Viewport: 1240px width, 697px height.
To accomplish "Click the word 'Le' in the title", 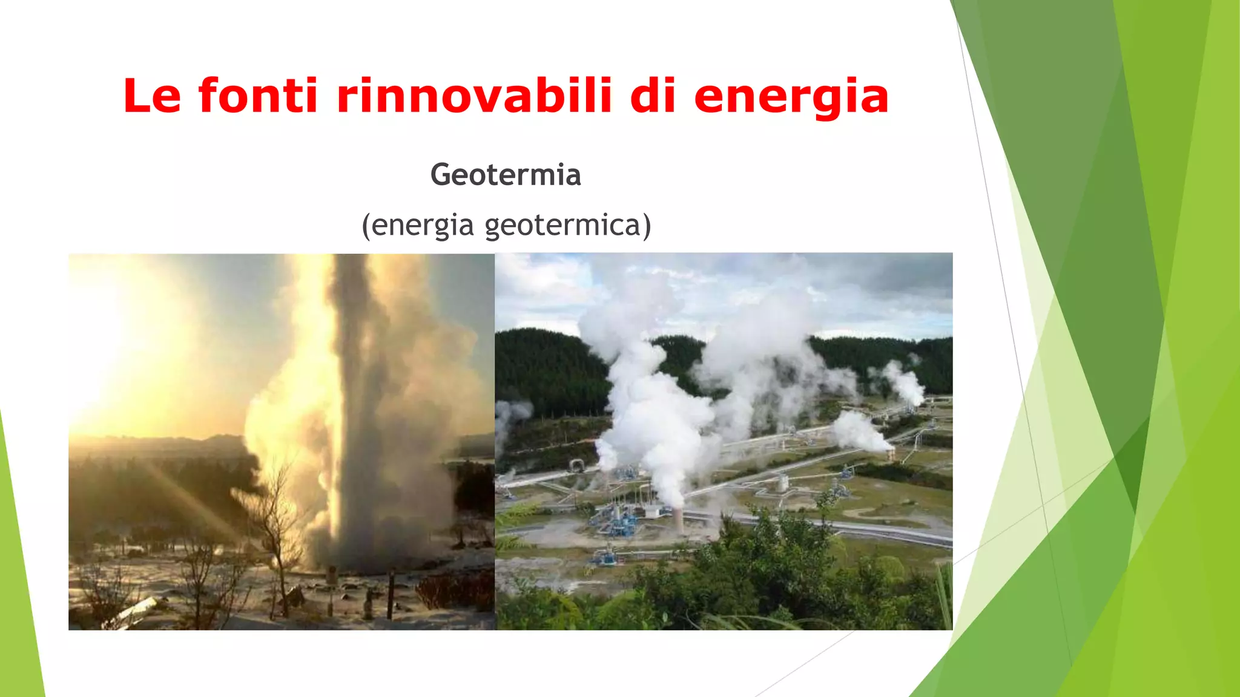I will tap(152, 96).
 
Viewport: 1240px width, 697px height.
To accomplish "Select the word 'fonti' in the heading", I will tap(258, 96).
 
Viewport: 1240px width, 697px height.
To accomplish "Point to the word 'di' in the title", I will tap(653, 96).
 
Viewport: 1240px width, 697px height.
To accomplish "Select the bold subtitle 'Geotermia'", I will tap(506, 175).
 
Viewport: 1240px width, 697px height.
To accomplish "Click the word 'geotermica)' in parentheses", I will tap(568, 225).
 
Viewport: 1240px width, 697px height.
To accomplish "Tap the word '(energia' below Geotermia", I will tap(418, 225).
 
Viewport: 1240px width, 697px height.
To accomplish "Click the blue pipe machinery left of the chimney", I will tap(618, 520).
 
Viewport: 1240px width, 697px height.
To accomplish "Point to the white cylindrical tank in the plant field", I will tap(783, 482).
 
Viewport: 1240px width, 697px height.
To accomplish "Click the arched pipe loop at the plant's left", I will tap(576, 464).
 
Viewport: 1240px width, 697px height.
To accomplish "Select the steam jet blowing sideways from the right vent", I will tap(860, 433).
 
